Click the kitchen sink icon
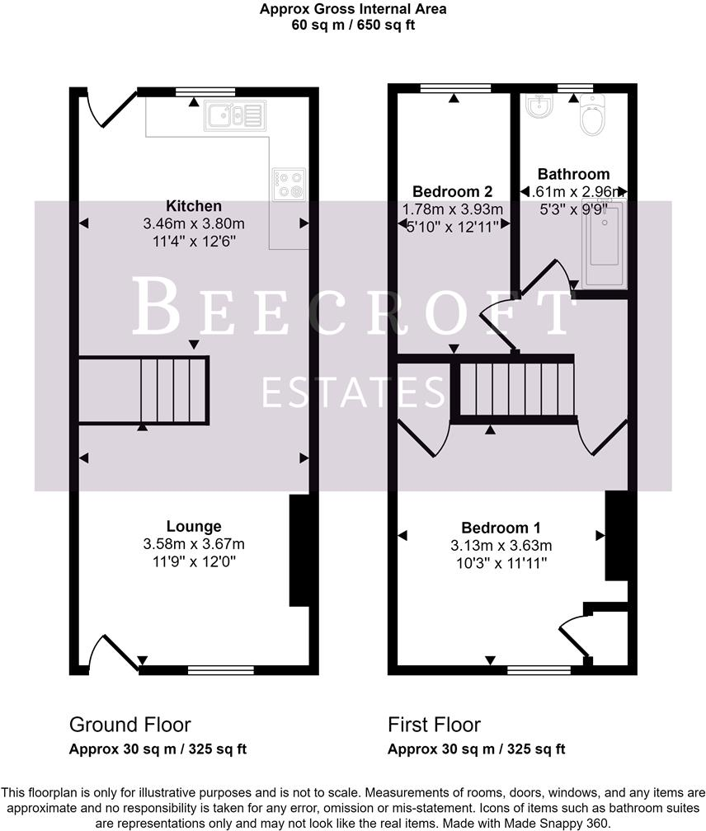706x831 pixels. click(x=235, y=115)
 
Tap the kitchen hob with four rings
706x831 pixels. click(x=287, y=184)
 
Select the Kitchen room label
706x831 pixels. click(x=194, y=206)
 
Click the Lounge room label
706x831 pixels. click(x=194, y=526)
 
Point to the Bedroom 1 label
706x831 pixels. click(x=501, y=528)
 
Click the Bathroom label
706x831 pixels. click(x=573, y=174)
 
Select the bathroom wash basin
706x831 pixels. click(x=539, y=106)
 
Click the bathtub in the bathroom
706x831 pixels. click(x=603, y=243)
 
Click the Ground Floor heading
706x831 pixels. click(x=129, y=725)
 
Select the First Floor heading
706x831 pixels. click(x=434, y=725)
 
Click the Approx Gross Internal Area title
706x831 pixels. click(x=353, y=10)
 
